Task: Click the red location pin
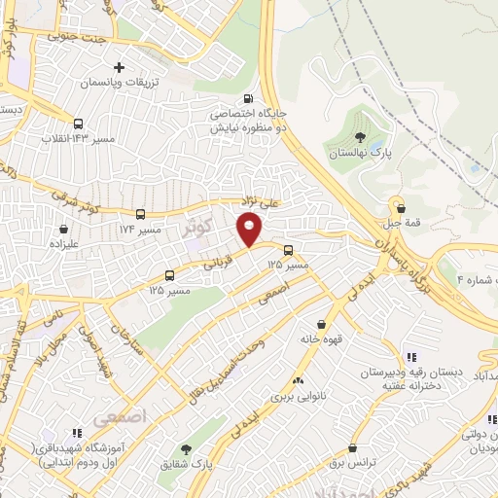[x=249, y=230]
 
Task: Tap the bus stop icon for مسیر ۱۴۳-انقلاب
[x=78, y=124]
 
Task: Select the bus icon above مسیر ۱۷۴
[x=140, y=214]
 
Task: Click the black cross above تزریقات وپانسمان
[x=120, y=68]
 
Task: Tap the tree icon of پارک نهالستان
[x=361, y=137]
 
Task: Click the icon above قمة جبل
[x=399, y=206]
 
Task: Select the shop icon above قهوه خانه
[x=321, y=325]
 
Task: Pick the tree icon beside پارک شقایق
[x=185, y=449]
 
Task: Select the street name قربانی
[x=219, y=258]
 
